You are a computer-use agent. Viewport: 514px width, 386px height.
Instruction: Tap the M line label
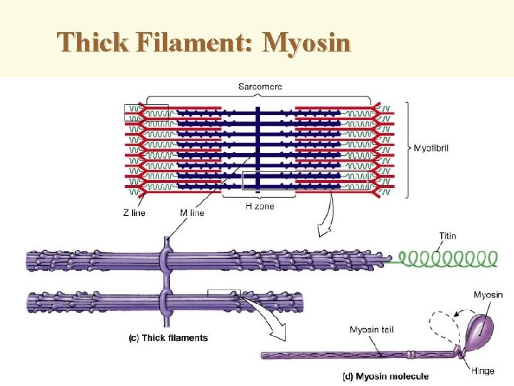(x=192, y=212)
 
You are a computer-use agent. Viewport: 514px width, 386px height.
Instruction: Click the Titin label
(x=448, y=236)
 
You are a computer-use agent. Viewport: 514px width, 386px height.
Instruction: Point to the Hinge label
(x=483, y=370)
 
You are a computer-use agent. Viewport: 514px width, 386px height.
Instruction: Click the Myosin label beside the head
(x=488, y=295)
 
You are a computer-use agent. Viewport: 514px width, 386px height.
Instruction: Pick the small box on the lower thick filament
(x=223, y=293)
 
